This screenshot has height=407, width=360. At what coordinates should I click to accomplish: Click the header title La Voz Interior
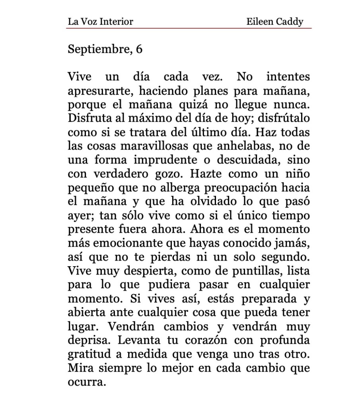(100, 21)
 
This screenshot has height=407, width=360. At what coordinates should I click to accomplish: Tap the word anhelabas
(240, 146)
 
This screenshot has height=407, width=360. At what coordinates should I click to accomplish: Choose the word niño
(298, 174)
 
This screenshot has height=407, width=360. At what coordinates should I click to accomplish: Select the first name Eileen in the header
(259, 21)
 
